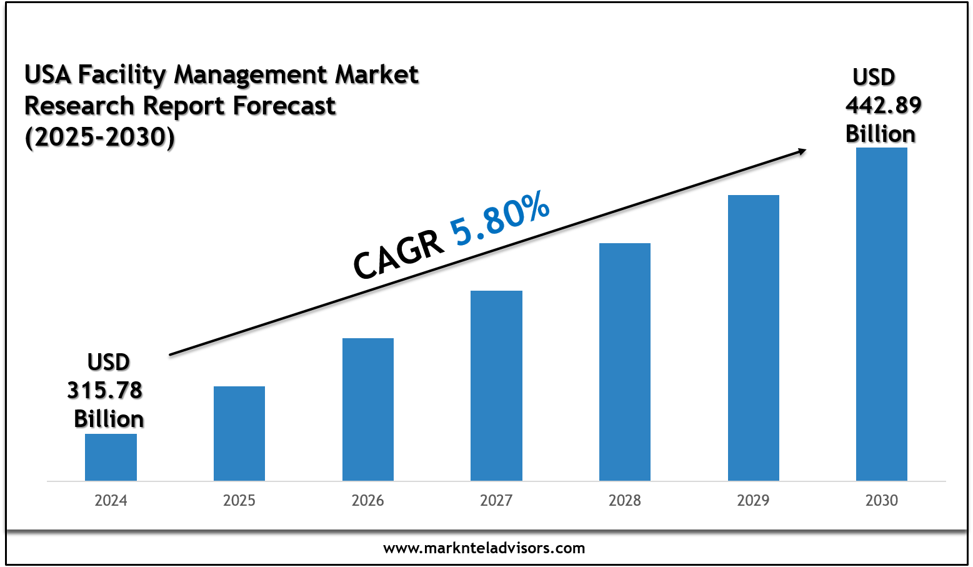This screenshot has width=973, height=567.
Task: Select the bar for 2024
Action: (x=111, y=457)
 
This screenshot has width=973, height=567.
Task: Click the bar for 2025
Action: (x=239, y=433)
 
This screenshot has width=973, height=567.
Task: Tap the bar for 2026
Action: (x=368, y=409)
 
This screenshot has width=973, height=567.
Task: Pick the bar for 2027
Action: (x=496, y=386)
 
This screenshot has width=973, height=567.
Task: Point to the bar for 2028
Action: (x=625, y=362)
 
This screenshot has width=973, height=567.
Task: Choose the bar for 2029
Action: (x=754, y=338)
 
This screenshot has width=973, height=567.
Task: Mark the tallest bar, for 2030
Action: (x=882, y=314)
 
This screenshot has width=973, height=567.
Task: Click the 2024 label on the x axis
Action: (x=111, y=501)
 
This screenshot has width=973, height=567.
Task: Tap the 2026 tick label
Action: (x=368, y=501)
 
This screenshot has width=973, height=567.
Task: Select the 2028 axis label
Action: (x=625, y=501)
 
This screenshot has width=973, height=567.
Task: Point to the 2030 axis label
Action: (x=882, y=501)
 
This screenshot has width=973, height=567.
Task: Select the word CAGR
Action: (x=399, y=255)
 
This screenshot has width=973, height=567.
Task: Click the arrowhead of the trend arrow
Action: (x=801, y=151)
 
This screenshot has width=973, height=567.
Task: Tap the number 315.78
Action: (x=105, y=390)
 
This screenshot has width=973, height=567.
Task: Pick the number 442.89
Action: (x=883, y=105)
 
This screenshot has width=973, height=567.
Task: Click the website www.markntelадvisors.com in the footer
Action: (x=484, y=548)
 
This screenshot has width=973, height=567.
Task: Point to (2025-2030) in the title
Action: (x=99, y=137)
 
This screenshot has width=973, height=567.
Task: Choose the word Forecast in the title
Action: (x=284, y=106)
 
